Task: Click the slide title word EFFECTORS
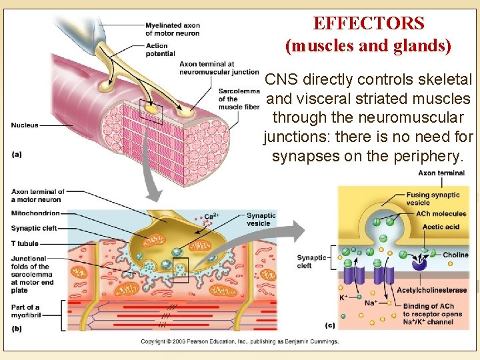pyautogui.click(x=369, y=23)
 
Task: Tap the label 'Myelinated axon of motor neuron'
pyautogui.click(x=173, y=29)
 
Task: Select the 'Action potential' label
pyautogui.click(x=161, y=49)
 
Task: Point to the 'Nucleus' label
pyautogui.click(x=25, y=125)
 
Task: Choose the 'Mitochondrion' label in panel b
pyautogui.click(x=35, y=213)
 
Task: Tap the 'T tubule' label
pyautogui.click(x=25, y=243)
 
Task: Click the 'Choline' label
pyautogui.click(x=455, y=255)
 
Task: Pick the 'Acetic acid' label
pyautogui.click(x=441, y=227)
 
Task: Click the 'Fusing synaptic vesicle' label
pyautogui.click(x=433, y=199)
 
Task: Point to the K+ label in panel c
pyautogui.click(x=344, y=296)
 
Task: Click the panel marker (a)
pyautogui.click(x=17, y=154)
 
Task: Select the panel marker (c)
pyautogui.click(x=330, y=325)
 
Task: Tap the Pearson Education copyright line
pyautogui.click(x=239, y=341)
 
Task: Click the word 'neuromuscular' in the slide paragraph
pyautogui.click(x=367, y=118)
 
